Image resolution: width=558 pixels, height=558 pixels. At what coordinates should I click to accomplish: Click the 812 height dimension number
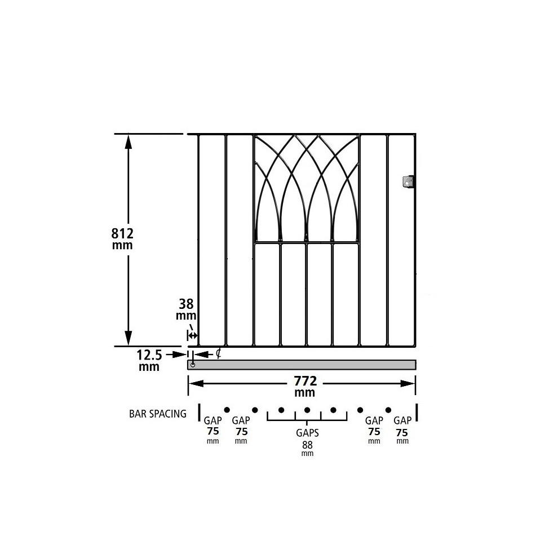(122, 233)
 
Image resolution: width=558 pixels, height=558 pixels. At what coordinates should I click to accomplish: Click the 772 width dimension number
(305, 381)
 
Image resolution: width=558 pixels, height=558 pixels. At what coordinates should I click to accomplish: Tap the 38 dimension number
(186, 304)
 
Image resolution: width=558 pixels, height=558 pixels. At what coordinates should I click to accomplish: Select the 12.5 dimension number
(149, 355)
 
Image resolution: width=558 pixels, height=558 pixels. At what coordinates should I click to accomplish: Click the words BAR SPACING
(158, 414)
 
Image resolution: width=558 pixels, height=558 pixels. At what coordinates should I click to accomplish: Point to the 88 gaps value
(307, 445)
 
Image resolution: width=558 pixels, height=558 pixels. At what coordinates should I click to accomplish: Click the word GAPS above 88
(308, 433)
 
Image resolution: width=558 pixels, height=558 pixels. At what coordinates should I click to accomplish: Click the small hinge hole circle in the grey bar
(193, 365)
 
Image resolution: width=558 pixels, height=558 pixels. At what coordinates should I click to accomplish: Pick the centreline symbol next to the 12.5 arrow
(219, 353)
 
